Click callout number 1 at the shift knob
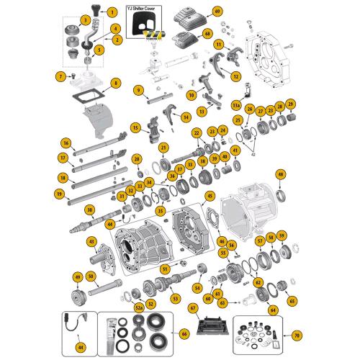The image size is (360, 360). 112,13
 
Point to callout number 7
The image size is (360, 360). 60,76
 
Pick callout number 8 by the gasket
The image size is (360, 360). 116,84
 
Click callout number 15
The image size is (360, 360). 135,128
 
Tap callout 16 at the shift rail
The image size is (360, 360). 66,143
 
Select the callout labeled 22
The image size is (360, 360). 196,133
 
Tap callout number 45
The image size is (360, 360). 210,196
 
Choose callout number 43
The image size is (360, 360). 91,240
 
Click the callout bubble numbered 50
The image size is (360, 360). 91,276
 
